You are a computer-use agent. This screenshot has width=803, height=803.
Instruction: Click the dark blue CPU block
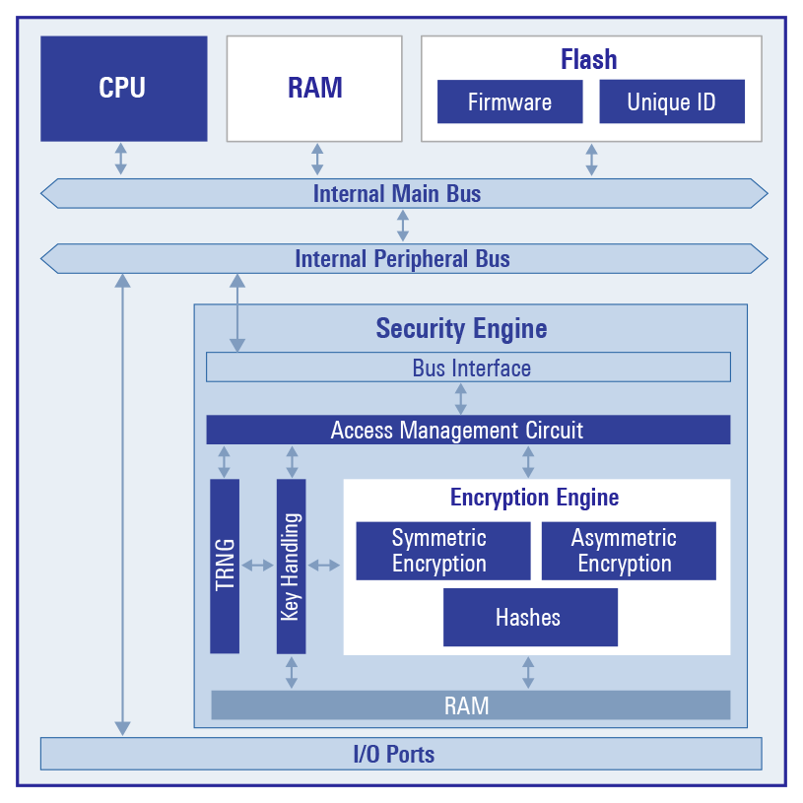point(123,89)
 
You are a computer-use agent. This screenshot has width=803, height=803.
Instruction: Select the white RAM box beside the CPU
point(314,89)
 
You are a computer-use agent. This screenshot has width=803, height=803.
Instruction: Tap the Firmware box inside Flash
point(509,102)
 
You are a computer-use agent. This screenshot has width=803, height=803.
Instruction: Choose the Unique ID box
point(671,102)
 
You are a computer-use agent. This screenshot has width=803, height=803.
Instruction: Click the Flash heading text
point(589,59)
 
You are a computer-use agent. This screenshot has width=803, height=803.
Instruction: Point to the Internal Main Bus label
point(397,193)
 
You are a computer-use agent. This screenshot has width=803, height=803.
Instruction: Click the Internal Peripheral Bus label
point(402,259)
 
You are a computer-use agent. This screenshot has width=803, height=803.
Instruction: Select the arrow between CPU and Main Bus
point(120,159)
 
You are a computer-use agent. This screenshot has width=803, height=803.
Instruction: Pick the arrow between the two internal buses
point(402,226)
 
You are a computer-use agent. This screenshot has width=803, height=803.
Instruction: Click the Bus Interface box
point(469,368)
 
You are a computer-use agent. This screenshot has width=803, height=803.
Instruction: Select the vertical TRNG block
point(225,566)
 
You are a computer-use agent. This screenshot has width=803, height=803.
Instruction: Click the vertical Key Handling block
point(291,566)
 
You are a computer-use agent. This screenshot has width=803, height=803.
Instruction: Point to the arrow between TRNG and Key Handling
point(257,565)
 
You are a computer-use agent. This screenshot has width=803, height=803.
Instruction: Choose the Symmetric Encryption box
point(441,551)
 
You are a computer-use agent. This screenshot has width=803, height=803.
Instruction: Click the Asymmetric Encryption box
point(628,551)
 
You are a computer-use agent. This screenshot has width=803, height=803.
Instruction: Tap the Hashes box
point(529,618)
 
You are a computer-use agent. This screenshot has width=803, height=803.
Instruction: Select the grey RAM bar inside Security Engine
point(469,705)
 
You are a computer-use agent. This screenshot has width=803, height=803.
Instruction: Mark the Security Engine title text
point(461,328)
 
